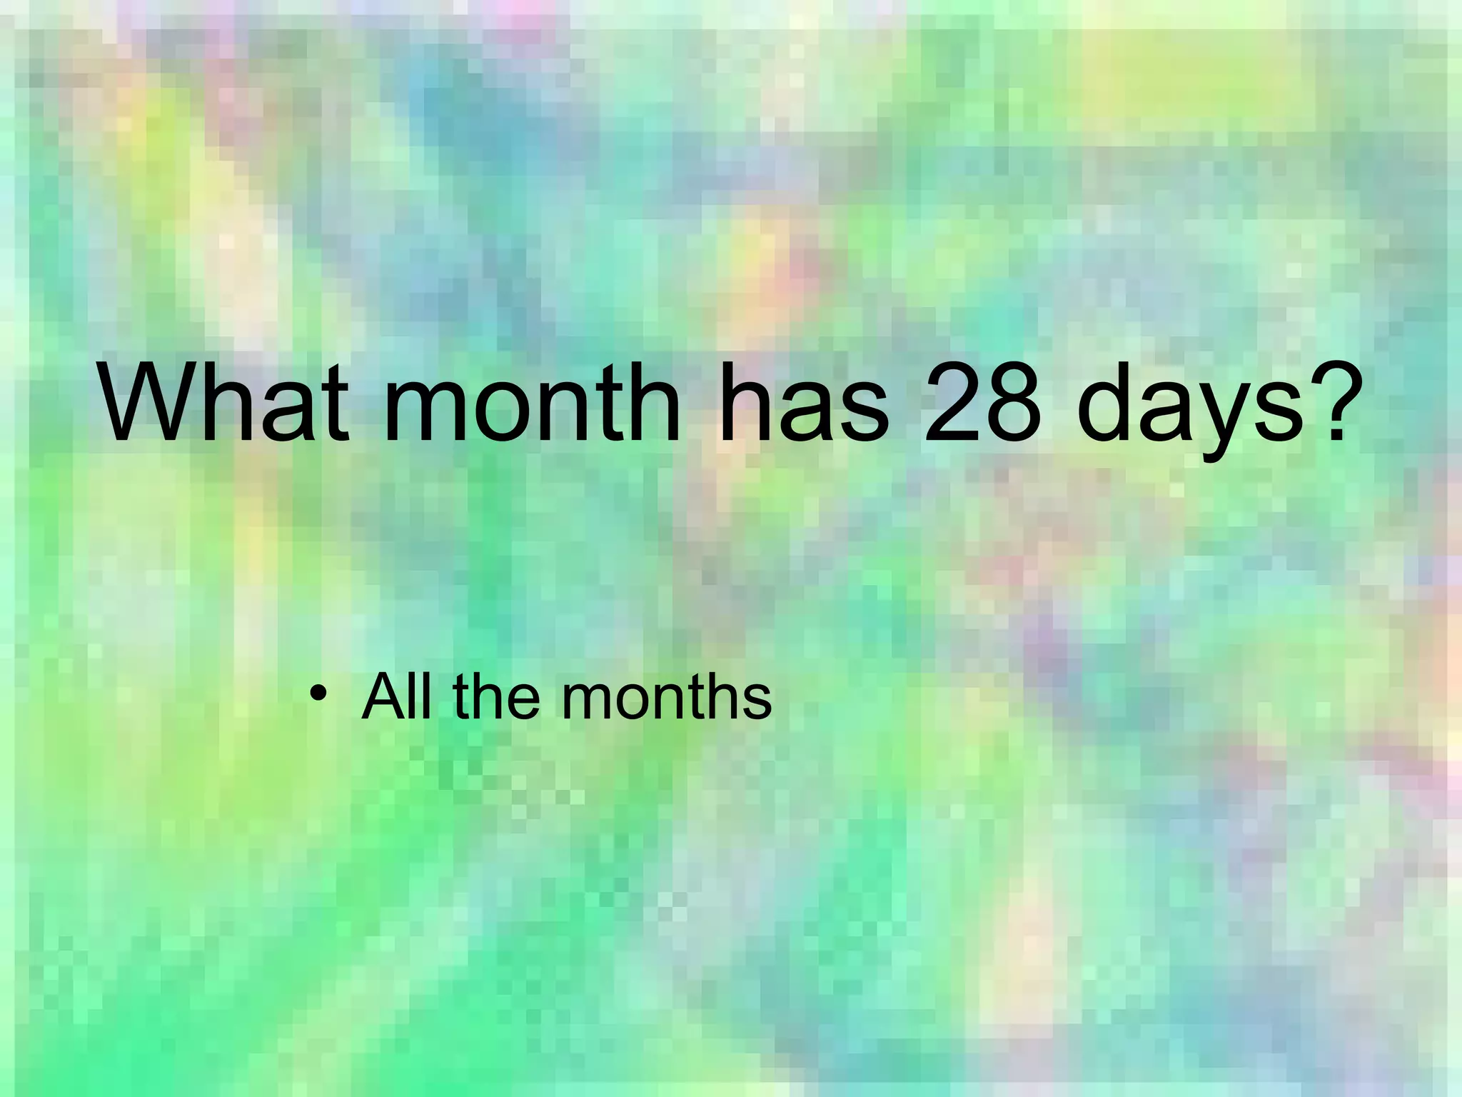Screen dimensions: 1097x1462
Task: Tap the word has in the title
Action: coord(805,404)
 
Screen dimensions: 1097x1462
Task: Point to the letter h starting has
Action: coord(745,404)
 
